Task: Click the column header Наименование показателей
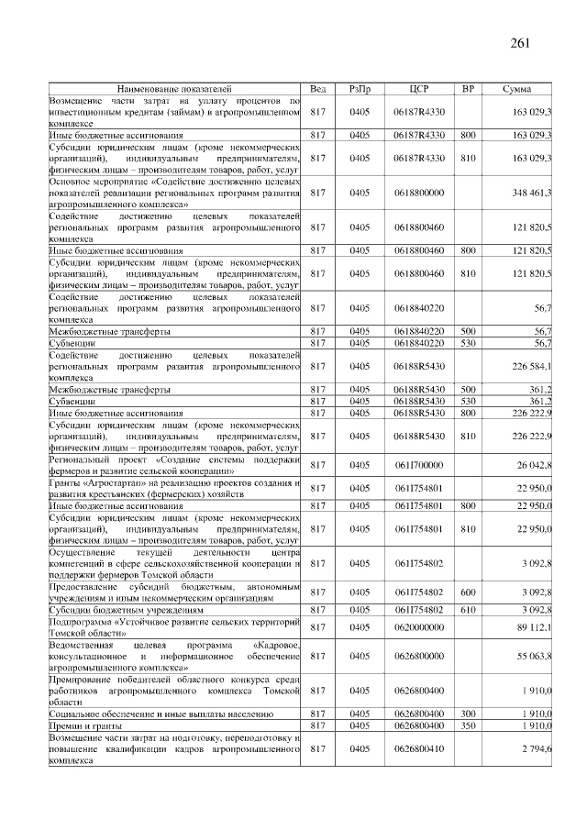175,88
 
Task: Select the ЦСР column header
418,88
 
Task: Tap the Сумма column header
519,88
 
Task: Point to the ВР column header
468,88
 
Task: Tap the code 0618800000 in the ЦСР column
418,194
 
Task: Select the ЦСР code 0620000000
418,628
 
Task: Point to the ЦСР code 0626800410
418,749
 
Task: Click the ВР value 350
468,725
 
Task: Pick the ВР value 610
468,610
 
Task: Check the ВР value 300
468,713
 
